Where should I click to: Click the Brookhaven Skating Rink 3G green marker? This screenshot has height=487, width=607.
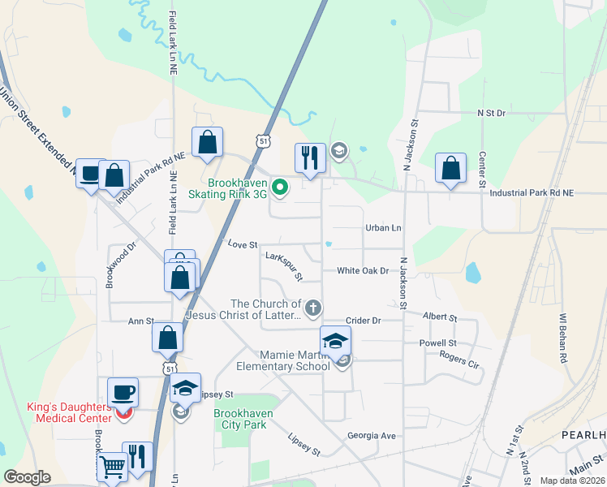(x=280, y=188)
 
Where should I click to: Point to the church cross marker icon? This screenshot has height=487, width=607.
(x=312, y=308)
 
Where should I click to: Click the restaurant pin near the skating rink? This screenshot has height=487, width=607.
(x=310, y=157)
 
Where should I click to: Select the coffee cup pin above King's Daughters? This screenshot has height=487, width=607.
(x=123, y=393)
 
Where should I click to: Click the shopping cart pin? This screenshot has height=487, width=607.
(x=112, y=467)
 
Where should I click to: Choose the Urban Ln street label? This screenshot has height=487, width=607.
(x=383, y=228)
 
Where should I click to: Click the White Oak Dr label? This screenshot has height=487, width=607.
(x=363, y=270)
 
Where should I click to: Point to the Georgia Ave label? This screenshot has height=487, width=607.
(x=372, y=436)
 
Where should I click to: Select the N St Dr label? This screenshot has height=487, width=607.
(x=491, y=114)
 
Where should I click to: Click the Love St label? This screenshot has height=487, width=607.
(x=243, y=243)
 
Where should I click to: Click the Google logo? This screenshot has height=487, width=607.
(x=27, y=477)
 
